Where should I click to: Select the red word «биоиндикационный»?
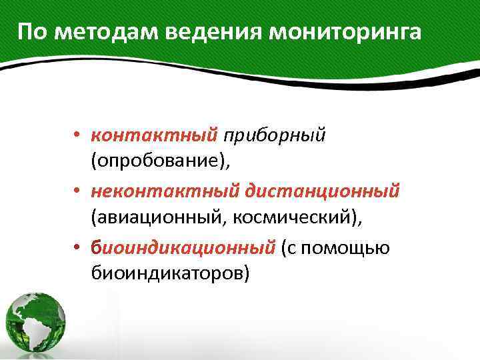pyautogui.click(x=183, y=247)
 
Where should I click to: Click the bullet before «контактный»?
pyautogui.click(x=78, y=136)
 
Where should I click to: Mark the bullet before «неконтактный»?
pyautogui.click(x=78, y=192)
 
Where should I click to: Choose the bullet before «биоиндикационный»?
pyautogui.click(x=78, y=248)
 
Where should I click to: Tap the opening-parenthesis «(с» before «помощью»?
pyautogui.click(x=291, y=248)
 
